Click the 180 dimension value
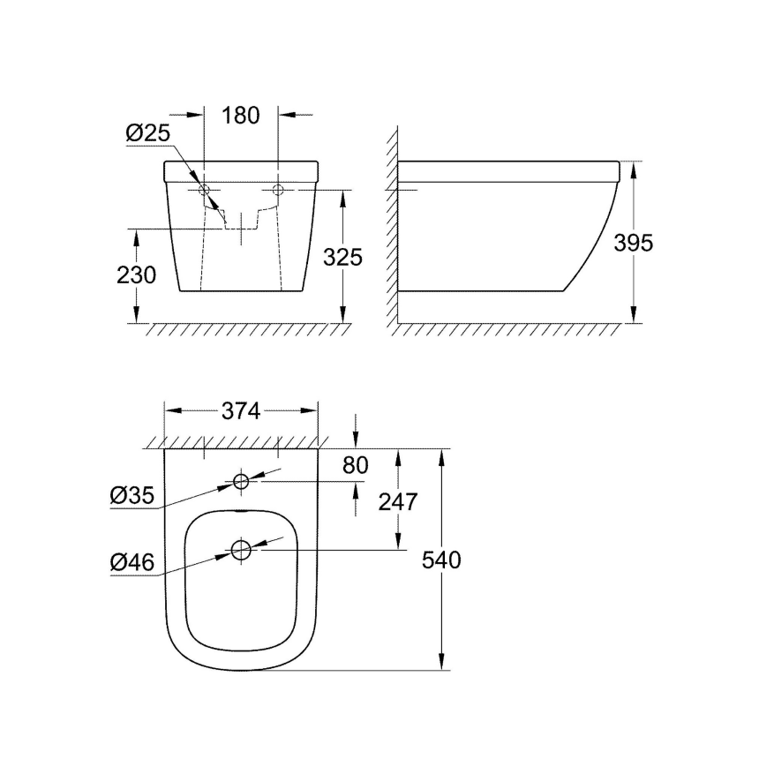point(241,115)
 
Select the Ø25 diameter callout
point(146,133)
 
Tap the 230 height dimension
point(137,275)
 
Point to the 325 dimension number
point(342,257)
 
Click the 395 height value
point(634,243)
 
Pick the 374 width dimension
point(241,411)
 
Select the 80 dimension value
point(355,465)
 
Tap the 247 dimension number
point(397,501)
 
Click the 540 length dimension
point(441,560)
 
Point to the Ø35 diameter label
point(133,497)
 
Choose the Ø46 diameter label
point(133,562)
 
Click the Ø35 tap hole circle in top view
point(241,482)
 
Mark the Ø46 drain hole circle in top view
point(241,551)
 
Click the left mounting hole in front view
point(204,190)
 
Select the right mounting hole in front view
point(278,190)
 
